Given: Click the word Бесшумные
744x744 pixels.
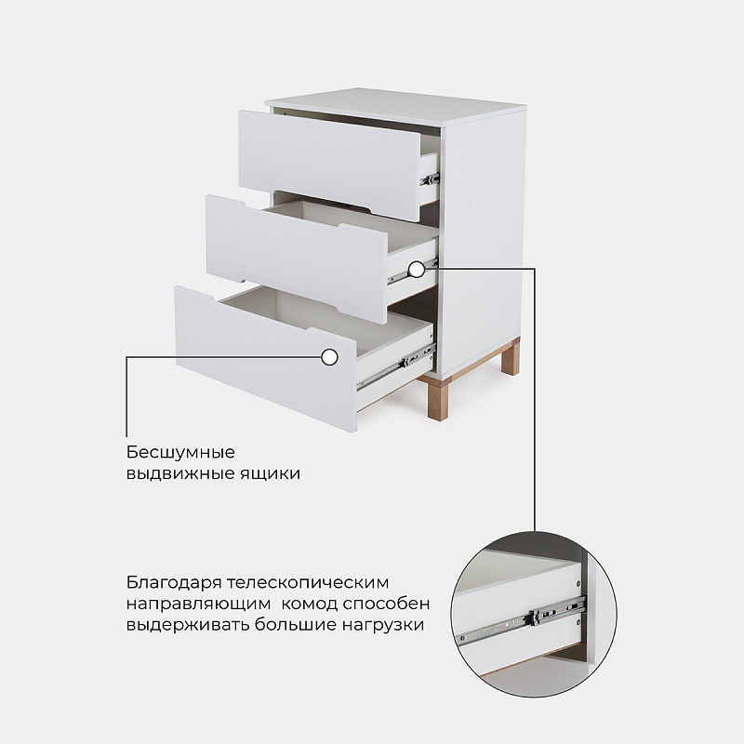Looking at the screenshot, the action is (x=180, y=452).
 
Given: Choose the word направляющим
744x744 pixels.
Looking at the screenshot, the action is (x=198, y=604).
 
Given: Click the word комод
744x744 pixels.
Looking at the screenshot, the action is (x=310, y=604).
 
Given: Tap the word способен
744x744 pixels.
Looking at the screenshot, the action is (x=386, y=603).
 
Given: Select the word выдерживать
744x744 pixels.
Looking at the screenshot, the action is (x=188, y=625).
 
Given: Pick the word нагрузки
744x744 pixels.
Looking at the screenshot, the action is (x=383, y=625).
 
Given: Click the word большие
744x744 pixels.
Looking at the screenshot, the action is (x=296, y=624).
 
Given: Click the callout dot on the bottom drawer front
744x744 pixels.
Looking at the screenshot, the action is (x=330, y=357).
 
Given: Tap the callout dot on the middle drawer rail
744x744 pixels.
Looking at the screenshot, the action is (x=417, y=270).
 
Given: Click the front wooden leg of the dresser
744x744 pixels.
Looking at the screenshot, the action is (x=437, y=401).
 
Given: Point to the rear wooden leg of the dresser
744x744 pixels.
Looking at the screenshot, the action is (x=511, y=357).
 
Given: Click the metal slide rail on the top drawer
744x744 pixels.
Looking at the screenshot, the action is (x=430, y=179).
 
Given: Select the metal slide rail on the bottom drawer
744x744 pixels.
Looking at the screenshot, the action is (x=396, y=367).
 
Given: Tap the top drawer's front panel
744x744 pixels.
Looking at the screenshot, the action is (x=329, y=165).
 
